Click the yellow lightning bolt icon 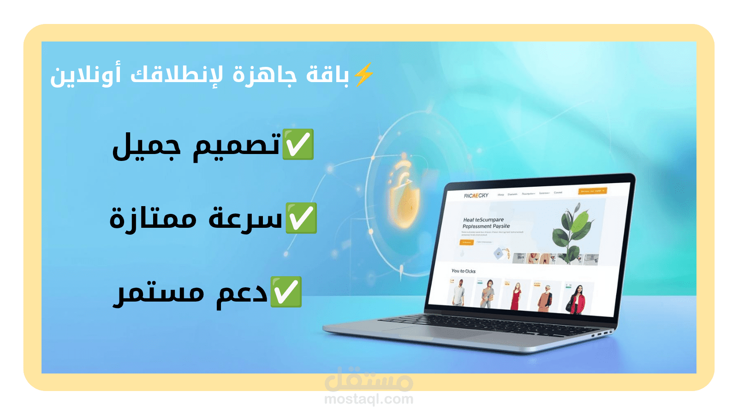(x=364, y=74)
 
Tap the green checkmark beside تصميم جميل (x=298, y=144)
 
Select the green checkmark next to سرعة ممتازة (x=301, y=218)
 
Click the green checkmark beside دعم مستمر (x=286, y=292)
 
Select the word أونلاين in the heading (x=86, y=75)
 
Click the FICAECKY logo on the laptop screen (x=476, y=196)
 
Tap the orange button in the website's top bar (x=593, y=191)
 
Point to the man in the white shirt (x=458, y=293)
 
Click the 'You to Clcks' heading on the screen (x=463, y=271)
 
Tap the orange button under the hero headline (x=466, y=242)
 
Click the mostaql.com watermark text (x=369, y=399)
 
